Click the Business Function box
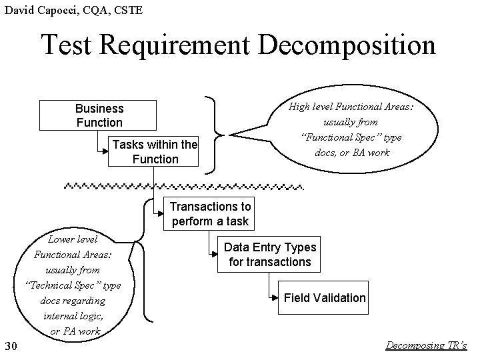[99, 115]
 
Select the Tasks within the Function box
[155, 152]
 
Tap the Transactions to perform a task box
[209, 214]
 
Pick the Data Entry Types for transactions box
[269, 255]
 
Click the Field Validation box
[324, 298]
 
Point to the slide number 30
[10, 345]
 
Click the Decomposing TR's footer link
[427, 345]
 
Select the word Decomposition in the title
[347, 45]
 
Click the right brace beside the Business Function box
[213, 133]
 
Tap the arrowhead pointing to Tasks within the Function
[109, 152]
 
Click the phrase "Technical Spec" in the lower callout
[72, 285]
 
